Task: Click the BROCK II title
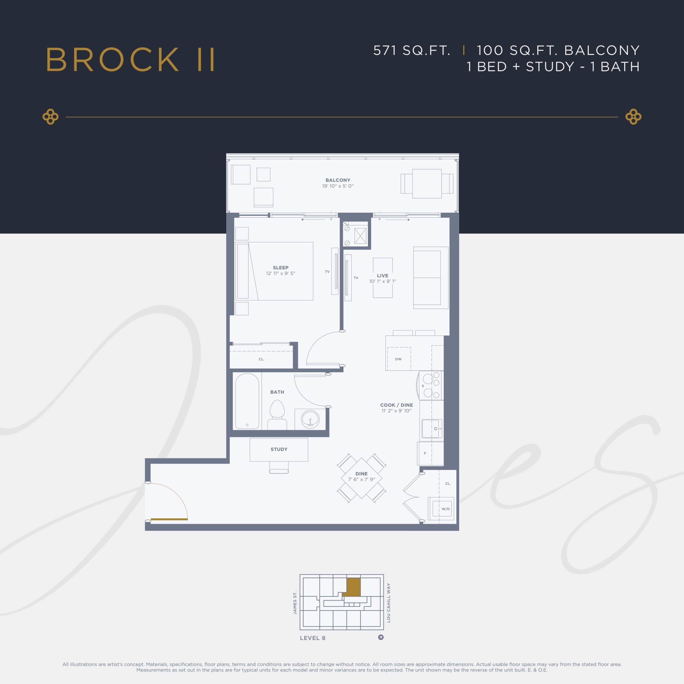pyautogui.click(x=130, y=60)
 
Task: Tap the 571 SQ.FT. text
pyautogui.click(x=412, y=50)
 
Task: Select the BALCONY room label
pyautogui.click(x=338, y=180)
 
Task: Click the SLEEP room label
pyautogui.click(x=280, y=268)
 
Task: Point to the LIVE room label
pyautogui.click(x=382, y=275)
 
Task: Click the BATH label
pyautogui.click(x=277, y=392)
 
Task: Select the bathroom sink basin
pyautogui.click(x=310, y=419)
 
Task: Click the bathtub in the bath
pyautogui.click(x=247, y=401)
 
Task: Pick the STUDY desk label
pyautogui.click(x=279, y=449)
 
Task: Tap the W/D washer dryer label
pyautogui.click(x=445, y=509)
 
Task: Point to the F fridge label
pyautogui.click(x=425, y=453)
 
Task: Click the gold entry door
pyautogui.click(x=169, y=519)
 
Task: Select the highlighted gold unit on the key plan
pyautogui.click(x=353, y=588)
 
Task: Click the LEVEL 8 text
pyautogui.click(x=312, y=638)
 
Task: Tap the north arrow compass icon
pyautogui.click(x=380, y=637)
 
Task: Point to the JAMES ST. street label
pyautogui.click(x=295, y=603)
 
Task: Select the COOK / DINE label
pyautogui.click(x=396, y=405)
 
